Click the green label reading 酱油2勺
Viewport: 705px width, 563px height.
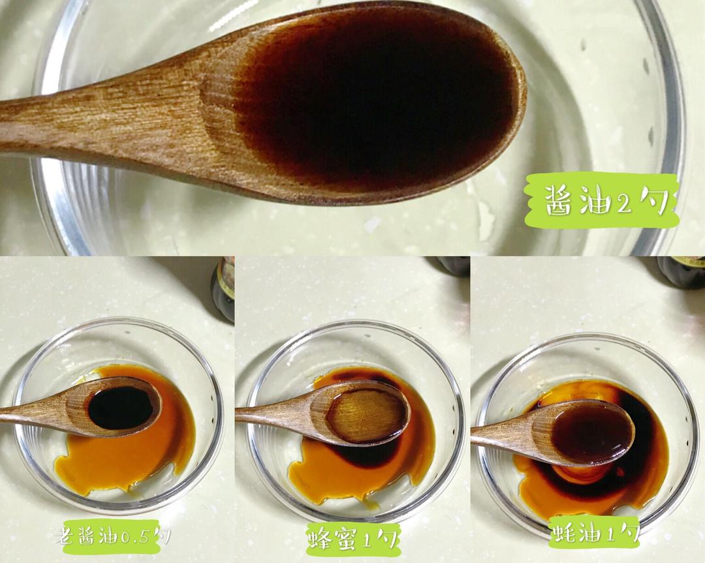tap(603, 200)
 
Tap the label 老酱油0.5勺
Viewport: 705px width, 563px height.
tap(112, 536)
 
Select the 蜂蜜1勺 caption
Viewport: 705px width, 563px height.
tap(352, 538)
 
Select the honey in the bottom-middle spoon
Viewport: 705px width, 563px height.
tap(366, 415)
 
